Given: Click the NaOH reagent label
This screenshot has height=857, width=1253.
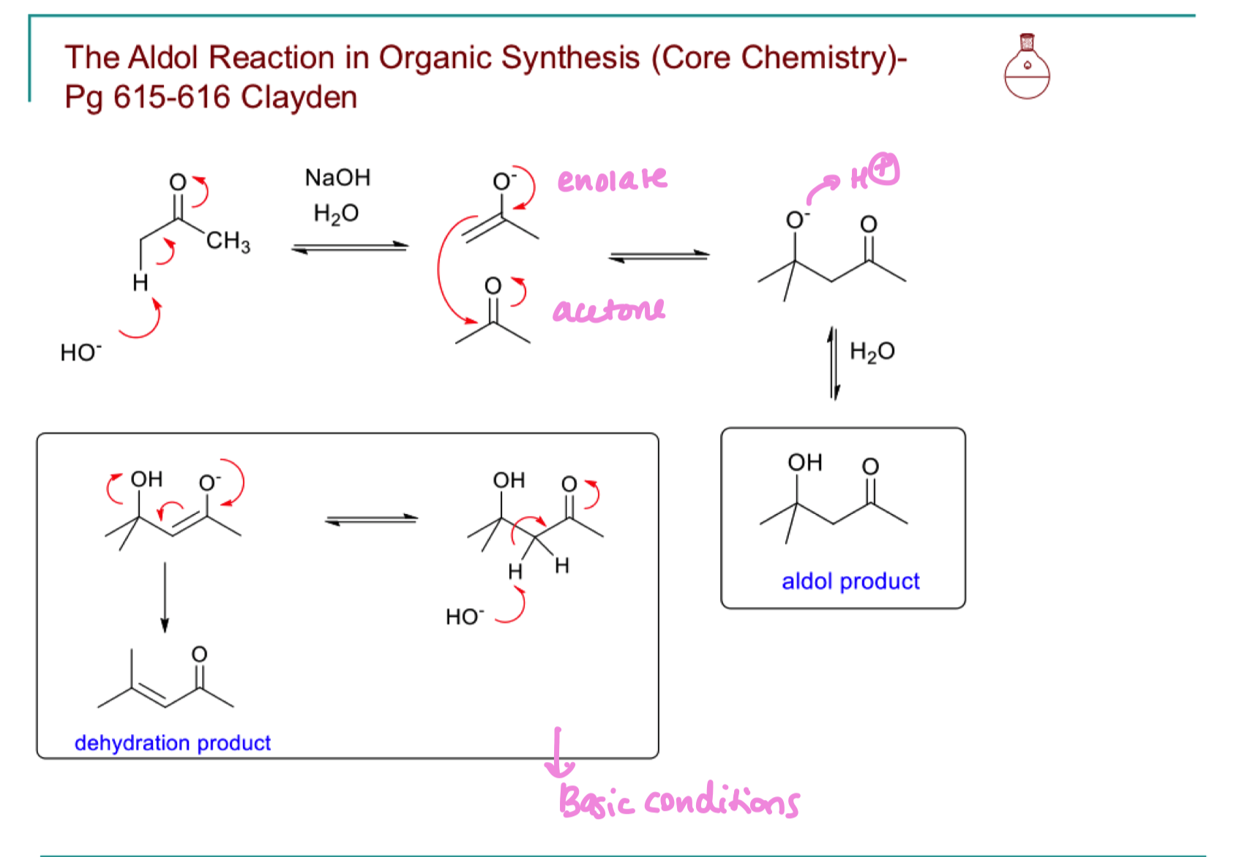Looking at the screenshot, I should [337, 178].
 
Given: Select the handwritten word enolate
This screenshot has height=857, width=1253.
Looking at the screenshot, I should [612, 178].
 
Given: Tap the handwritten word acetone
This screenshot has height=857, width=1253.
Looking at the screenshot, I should [609, 310].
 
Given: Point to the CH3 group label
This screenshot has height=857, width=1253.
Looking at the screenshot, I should [228, 241].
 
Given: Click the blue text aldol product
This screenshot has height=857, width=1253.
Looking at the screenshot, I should [850, 581].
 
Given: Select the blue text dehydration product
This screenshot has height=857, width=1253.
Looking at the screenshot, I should [173, 743].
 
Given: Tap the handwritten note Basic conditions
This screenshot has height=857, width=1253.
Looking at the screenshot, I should [678, 801].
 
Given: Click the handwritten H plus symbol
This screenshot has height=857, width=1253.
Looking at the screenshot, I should [875, 173].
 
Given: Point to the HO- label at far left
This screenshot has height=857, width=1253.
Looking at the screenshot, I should [81, 352].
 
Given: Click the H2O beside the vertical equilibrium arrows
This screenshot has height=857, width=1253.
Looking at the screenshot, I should [872, 352].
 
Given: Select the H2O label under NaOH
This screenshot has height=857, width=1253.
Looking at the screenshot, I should [336, 214].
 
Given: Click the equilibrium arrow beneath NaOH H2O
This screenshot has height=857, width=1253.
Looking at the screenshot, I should [350, 248].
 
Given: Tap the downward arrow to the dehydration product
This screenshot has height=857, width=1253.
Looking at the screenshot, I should [165, 596].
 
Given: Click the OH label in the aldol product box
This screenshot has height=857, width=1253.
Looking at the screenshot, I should [805, 462].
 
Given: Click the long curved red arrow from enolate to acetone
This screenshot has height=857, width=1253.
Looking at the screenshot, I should [441, 271].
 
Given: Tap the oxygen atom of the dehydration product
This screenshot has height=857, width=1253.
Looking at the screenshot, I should [199, 654].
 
